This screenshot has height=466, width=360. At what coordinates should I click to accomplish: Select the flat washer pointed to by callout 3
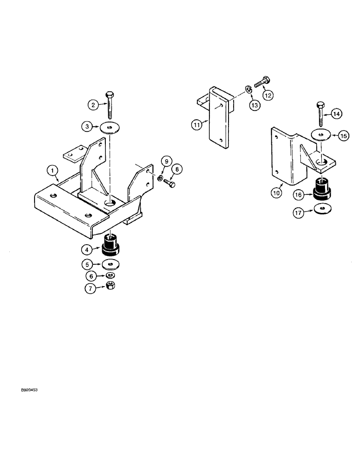(110, 127)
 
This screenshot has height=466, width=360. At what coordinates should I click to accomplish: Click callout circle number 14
(337, 113)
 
